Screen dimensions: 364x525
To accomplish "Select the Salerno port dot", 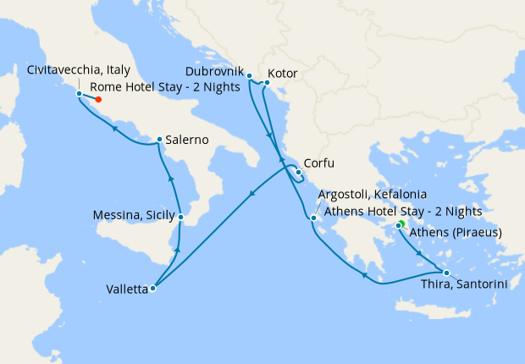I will pyautogui.click(x=159, y=140).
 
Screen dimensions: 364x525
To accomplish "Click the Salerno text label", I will pyautogui.click(x=187, y=140).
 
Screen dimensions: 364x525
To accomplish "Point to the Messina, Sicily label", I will pyautogui.click(x=133, y=217).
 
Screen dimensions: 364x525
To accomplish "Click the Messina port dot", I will pyautogui.click(x=180, y=218).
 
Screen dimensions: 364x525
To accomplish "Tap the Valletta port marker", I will pyautogui.click(x=153, y=289).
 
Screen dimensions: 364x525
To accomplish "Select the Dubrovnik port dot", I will pyautogui.click(x=249, y=75).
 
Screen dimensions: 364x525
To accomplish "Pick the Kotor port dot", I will pyautogui.click(x=267, y=82).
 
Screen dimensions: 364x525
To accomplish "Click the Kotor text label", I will pyautogui.click(x=282, y=74).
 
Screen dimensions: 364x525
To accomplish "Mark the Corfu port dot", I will pyautogui.click(x=298, y=172).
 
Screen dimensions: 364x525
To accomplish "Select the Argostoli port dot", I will pyautogui.click(x=314, y=219).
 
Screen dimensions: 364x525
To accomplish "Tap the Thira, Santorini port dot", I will pyautogui.click(x=446, y=272).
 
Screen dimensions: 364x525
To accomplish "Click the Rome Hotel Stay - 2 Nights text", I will pyautogui.click(x=165, y=87).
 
